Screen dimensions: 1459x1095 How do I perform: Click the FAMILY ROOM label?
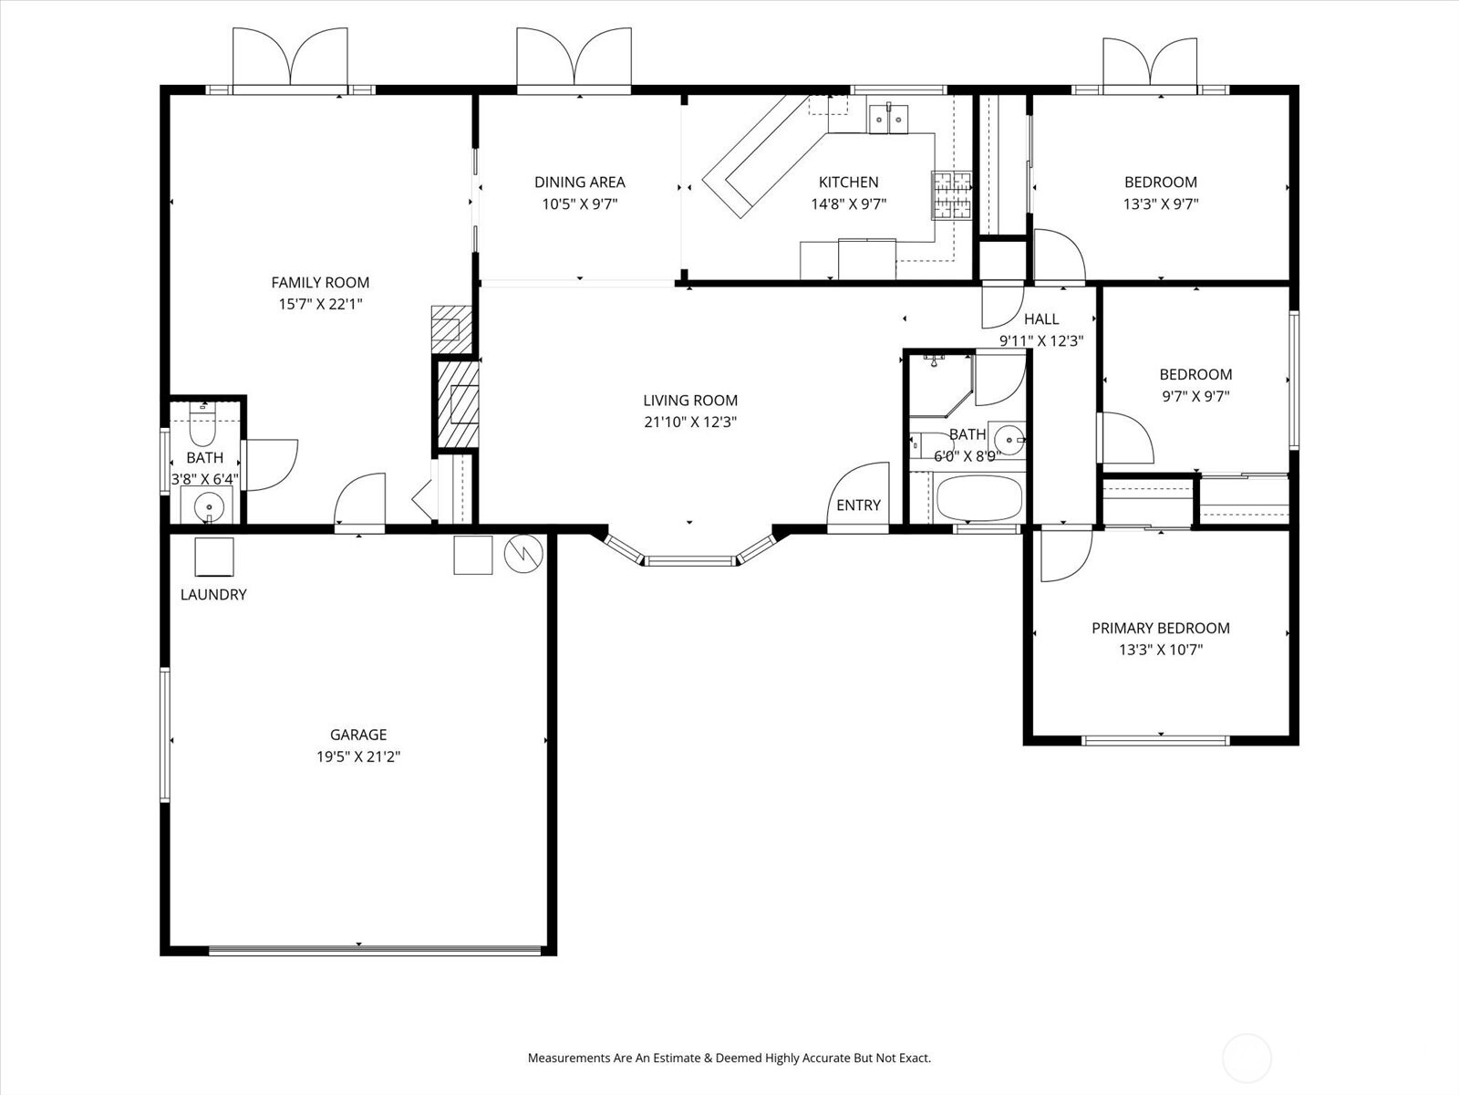click(320, 283)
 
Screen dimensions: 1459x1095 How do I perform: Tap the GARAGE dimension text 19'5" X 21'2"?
click(358, 756)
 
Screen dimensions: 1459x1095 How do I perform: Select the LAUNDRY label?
click(213, 595)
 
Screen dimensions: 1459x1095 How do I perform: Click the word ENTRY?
click(858, 506)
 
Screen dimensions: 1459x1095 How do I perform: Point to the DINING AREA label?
click(580, 182)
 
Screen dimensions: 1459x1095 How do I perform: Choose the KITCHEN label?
click(848, 182)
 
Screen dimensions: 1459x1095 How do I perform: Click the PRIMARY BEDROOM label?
click(1161, 629)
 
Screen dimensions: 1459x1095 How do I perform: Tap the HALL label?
click(1041, 319)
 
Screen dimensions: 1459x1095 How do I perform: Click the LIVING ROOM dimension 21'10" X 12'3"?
click(690, 422)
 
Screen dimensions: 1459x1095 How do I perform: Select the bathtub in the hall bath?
click(979, 498)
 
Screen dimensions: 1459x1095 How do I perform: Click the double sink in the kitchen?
click(888, 119)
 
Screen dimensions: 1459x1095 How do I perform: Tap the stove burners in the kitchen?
click(951, 195)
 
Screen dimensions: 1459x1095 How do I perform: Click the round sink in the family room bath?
click(209, 507)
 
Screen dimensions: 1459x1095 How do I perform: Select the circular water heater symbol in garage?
click(523, 553)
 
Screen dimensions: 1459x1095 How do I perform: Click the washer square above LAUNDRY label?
click(214, 558)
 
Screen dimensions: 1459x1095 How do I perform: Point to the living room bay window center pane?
click(690, 561)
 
